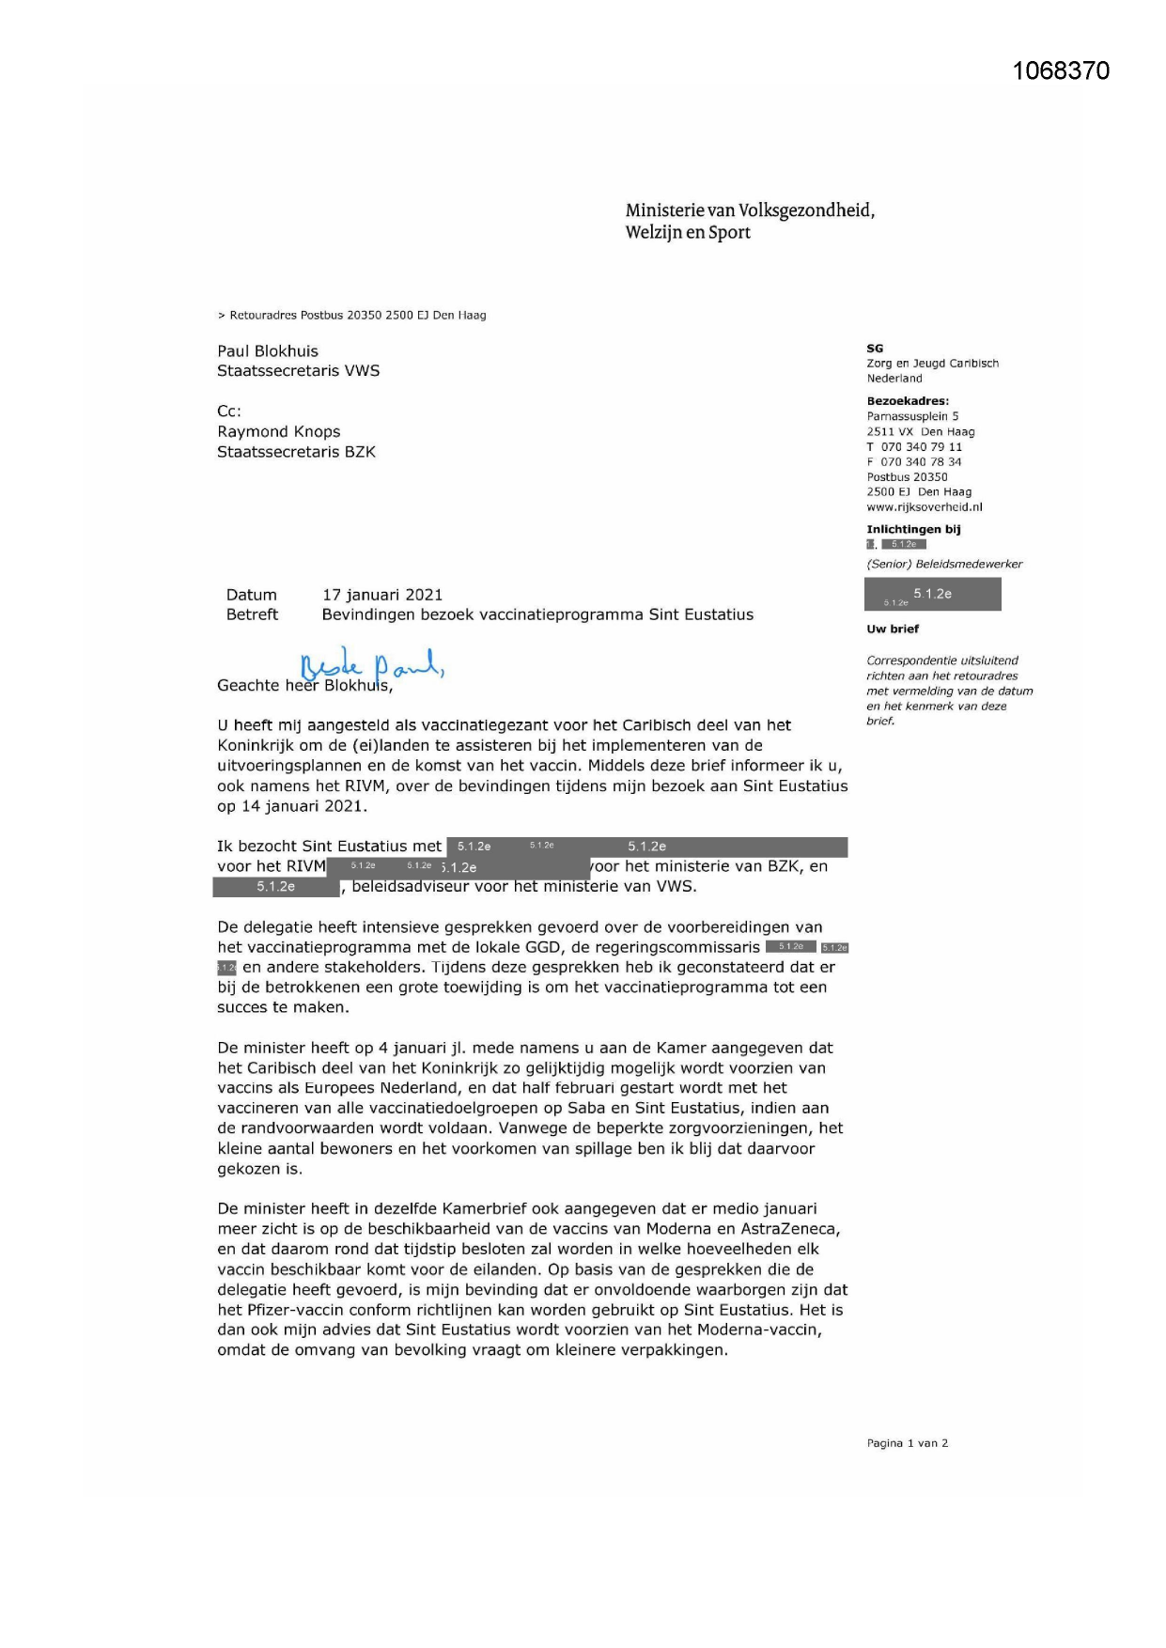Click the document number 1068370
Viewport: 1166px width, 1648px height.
tap(1061, 71)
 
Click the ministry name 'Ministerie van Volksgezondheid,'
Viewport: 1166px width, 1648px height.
tap(750, 210)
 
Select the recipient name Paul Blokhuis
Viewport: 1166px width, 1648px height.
tap(268, 351)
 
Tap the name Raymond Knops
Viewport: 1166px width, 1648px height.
tap(278, 432)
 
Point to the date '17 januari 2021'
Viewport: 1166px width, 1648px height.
tap(382, 595)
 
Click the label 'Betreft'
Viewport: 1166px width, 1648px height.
tap(252, 614)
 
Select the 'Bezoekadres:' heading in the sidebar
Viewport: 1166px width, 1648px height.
tap(908, 401)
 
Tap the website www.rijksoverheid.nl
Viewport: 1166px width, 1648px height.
tap(924, 507)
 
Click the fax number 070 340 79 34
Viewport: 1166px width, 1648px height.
tap(921, 462)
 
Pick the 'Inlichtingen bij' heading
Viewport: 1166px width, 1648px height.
tap(913, 530)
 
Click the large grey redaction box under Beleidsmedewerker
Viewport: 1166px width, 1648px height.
tap(932, 595)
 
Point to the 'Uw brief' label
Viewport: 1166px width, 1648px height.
tap(893, 630)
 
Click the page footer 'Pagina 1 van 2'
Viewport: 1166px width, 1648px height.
tap(907, 1443)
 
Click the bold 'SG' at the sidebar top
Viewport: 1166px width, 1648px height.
tap(875, 349)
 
